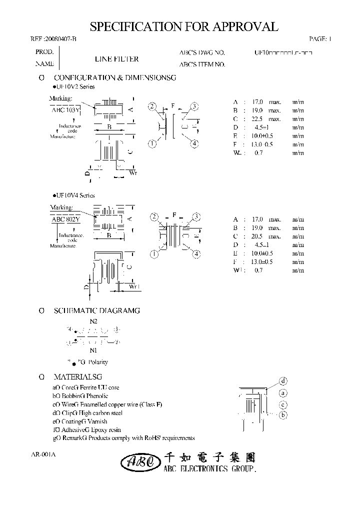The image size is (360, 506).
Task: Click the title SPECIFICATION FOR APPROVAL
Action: coord(183,26)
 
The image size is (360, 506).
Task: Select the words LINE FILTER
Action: coord(116,59)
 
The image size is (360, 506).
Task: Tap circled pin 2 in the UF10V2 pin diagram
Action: coord(153,106)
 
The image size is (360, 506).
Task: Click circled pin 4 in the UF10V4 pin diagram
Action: coord(196,254)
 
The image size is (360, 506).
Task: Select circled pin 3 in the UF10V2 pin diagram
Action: coord(194,106)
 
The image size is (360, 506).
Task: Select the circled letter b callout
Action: coord(282,415)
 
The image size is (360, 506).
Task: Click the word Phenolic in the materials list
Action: coord(97,396)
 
